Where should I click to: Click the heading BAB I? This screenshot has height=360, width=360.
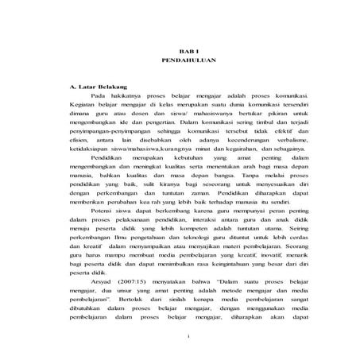[180, 49]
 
